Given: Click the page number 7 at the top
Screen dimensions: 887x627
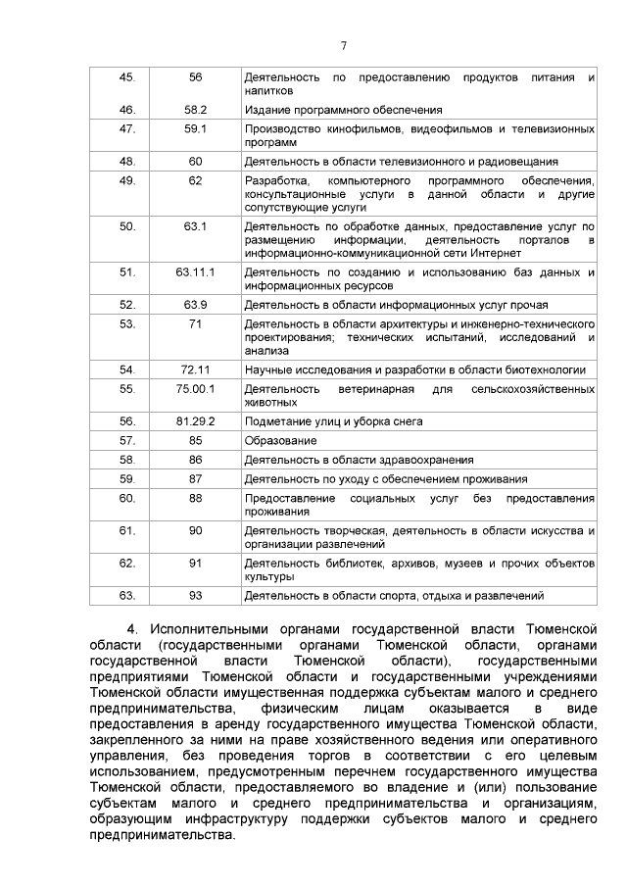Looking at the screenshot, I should [344, 46].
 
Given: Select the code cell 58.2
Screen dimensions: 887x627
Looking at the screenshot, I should [195, 110].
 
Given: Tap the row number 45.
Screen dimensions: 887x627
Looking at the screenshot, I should [126, 76].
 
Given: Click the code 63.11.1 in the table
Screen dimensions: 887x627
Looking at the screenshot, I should [195, 271].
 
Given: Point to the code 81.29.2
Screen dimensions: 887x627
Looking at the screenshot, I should [195, 420].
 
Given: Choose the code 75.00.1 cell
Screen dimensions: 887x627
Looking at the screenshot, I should [195, 388].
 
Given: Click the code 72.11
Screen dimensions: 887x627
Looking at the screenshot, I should [195, 370].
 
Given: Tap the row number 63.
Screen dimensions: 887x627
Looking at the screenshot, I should [126, 595].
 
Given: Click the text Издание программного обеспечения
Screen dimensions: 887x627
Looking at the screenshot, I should [343, 110].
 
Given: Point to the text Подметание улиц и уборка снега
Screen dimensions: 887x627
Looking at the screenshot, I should [333, 420].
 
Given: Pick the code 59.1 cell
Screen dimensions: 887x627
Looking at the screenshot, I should [195, 128].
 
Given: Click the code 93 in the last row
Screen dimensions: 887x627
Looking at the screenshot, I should [195, 595].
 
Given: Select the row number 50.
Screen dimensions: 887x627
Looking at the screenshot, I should [126, 225].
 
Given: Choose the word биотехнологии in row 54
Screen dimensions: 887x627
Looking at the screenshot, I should [544, 370].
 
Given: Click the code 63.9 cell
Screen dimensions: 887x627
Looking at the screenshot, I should [195, 304].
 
